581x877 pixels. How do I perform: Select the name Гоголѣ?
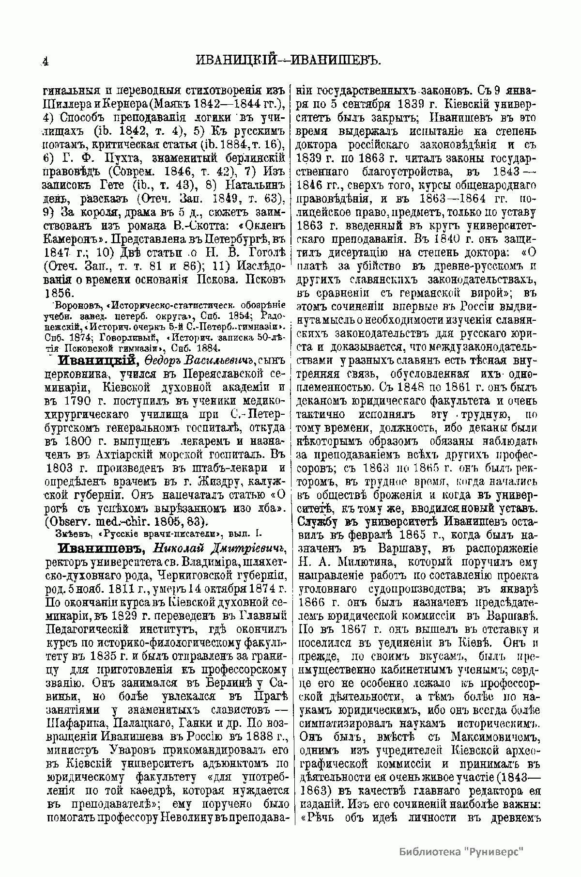264,251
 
